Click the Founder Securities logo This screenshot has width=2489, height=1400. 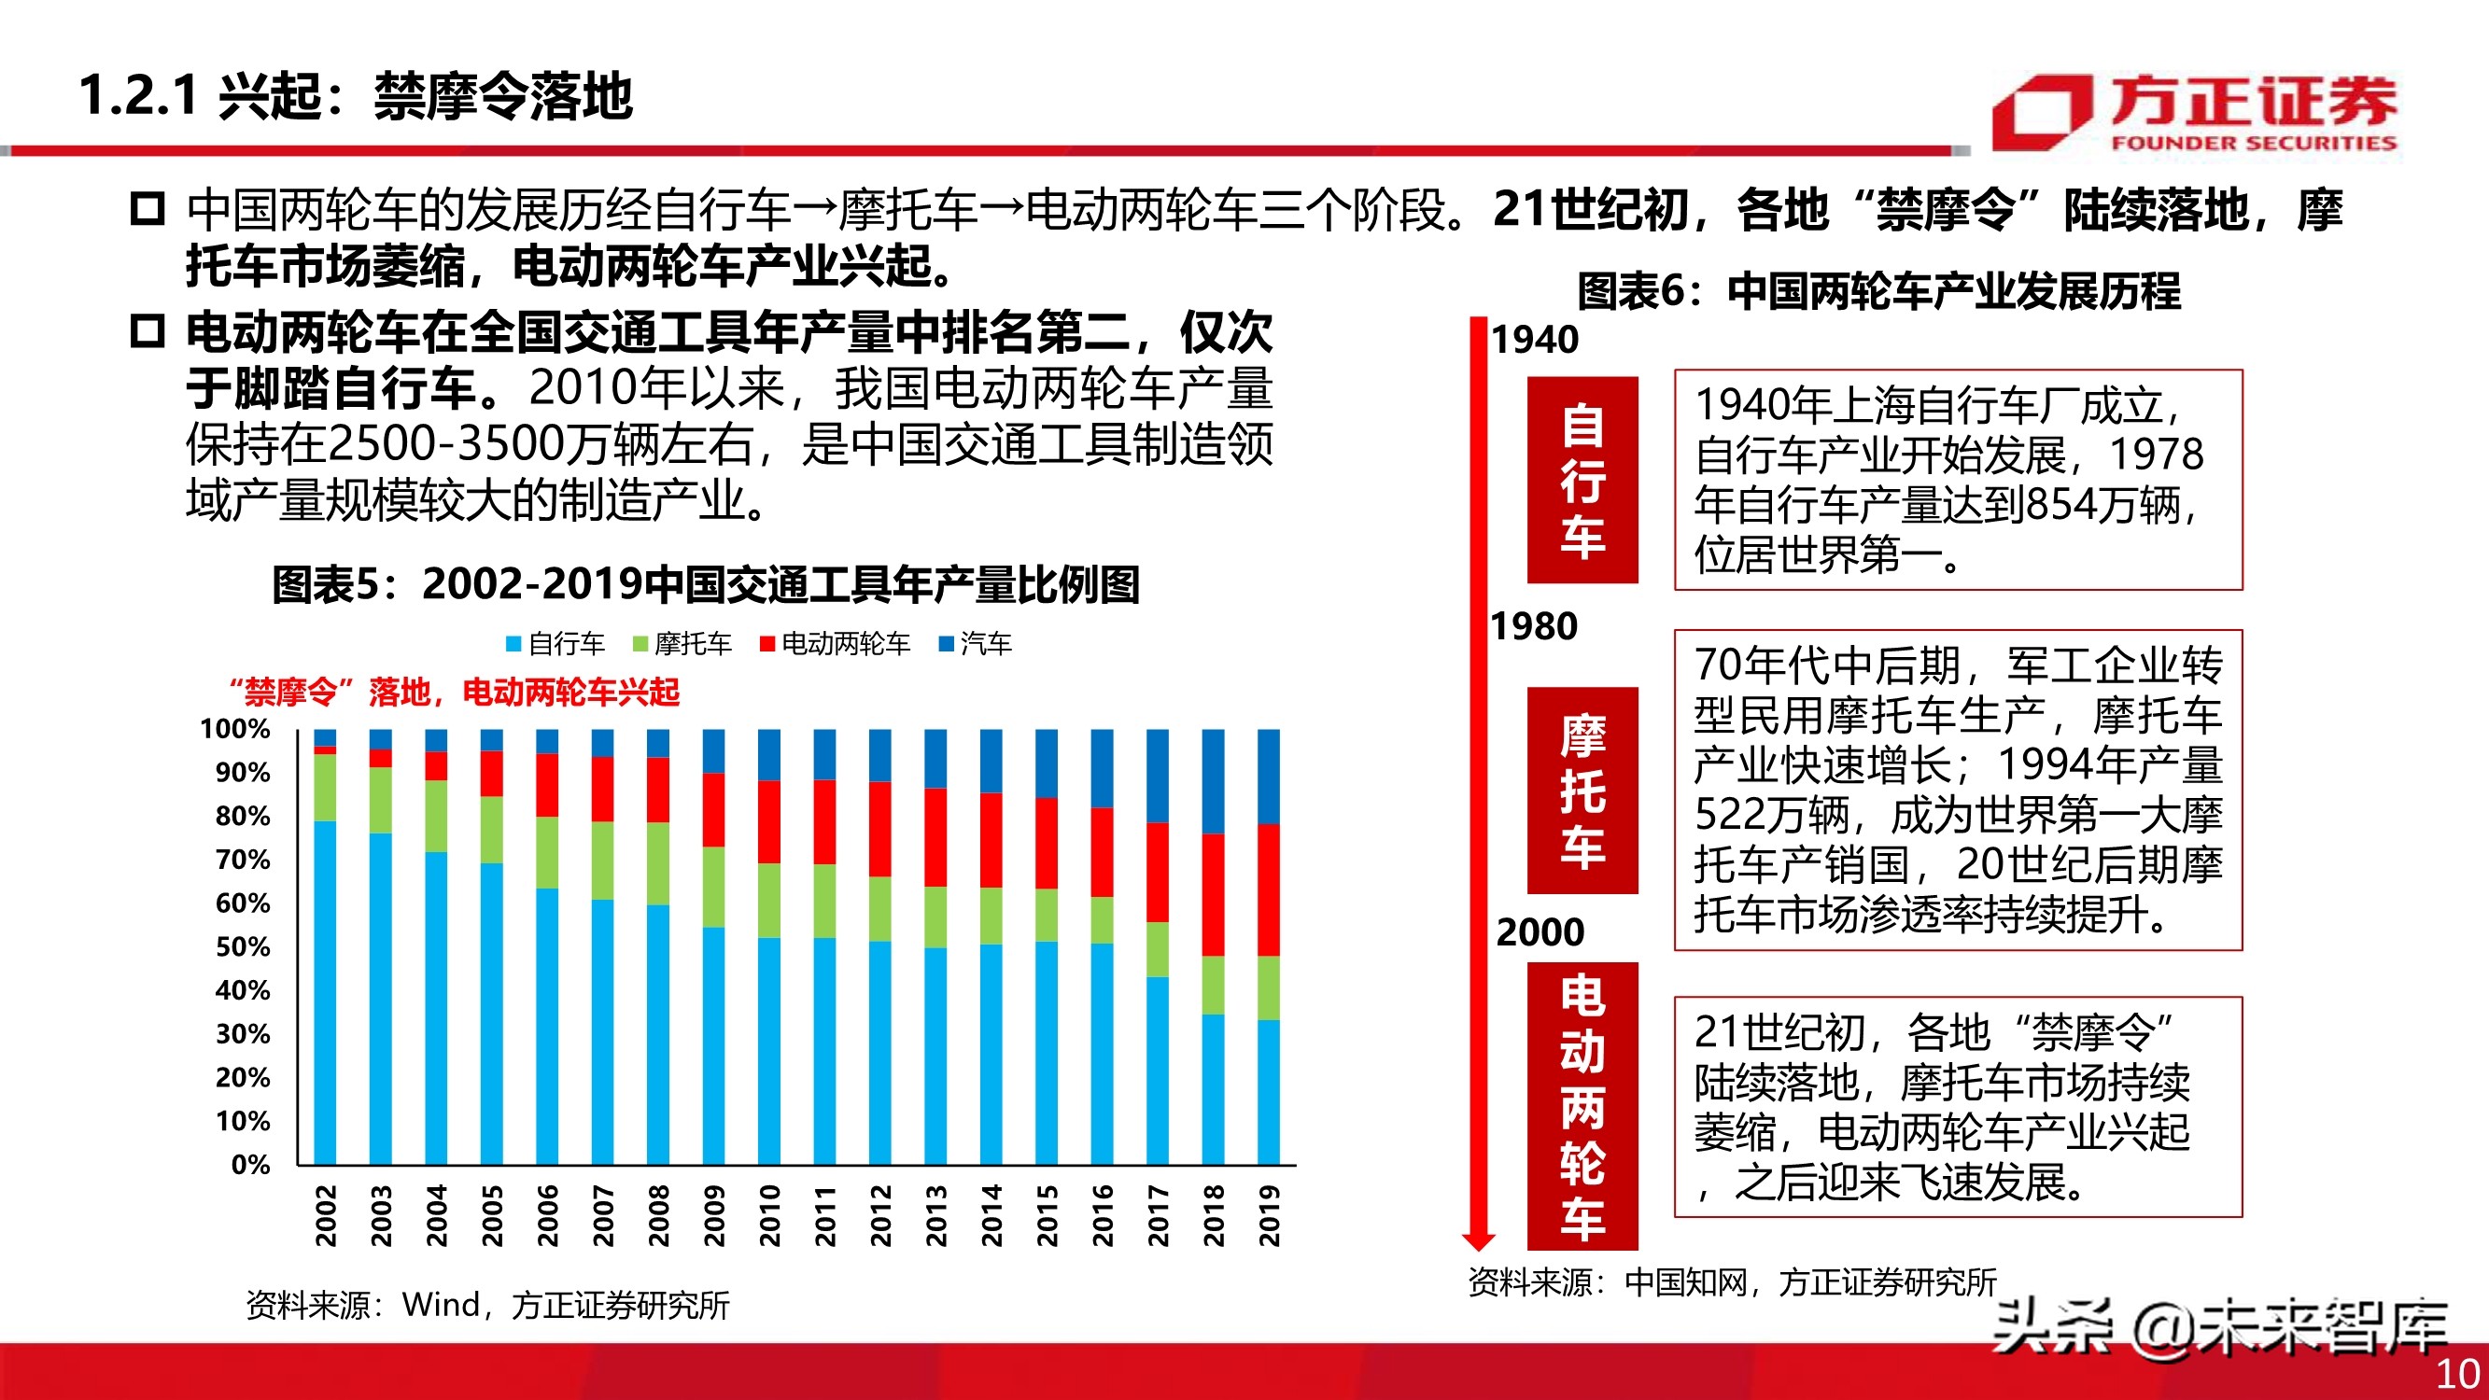(x=2193, y=114)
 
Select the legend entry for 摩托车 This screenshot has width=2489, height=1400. (x=682, y=643)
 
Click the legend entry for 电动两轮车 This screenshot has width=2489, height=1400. (x=836, y=643)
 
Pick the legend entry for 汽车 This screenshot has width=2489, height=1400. (x=976, y=643)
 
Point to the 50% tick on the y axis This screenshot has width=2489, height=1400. (x=243, y=946)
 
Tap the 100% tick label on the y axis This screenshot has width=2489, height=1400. (x=234, y=729)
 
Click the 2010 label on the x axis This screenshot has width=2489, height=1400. (x=769, y=1215)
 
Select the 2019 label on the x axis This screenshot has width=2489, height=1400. (x=1269, y=1215)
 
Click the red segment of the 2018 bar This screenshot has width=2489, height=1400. (x=1213, y=894)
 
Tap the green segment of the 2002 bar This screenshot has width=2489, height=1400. (x=326, y=788)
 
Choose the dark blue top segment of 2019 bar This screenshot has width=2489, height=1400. (x=1269, y=776)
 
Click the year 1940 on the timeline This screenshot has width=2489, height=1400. (x=1534, y=340)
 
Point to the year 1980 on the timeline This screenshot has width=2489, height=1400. (x=1534, y=627)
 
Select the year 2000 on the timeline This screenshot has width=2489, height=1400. (x=1540, y=932)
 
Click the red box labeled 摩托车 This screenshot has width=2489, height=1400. (x=1582, y=791)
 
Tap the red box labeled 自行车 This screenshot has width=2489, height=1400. (x=1582, y=480)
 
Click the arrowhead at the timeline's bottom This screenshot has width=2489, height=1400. (x=1478, y=1240)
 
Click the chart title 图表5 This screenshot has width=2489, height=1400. (x=706, y=584)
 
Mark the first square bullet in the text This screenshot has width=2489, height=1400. (x=148, y=209)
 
